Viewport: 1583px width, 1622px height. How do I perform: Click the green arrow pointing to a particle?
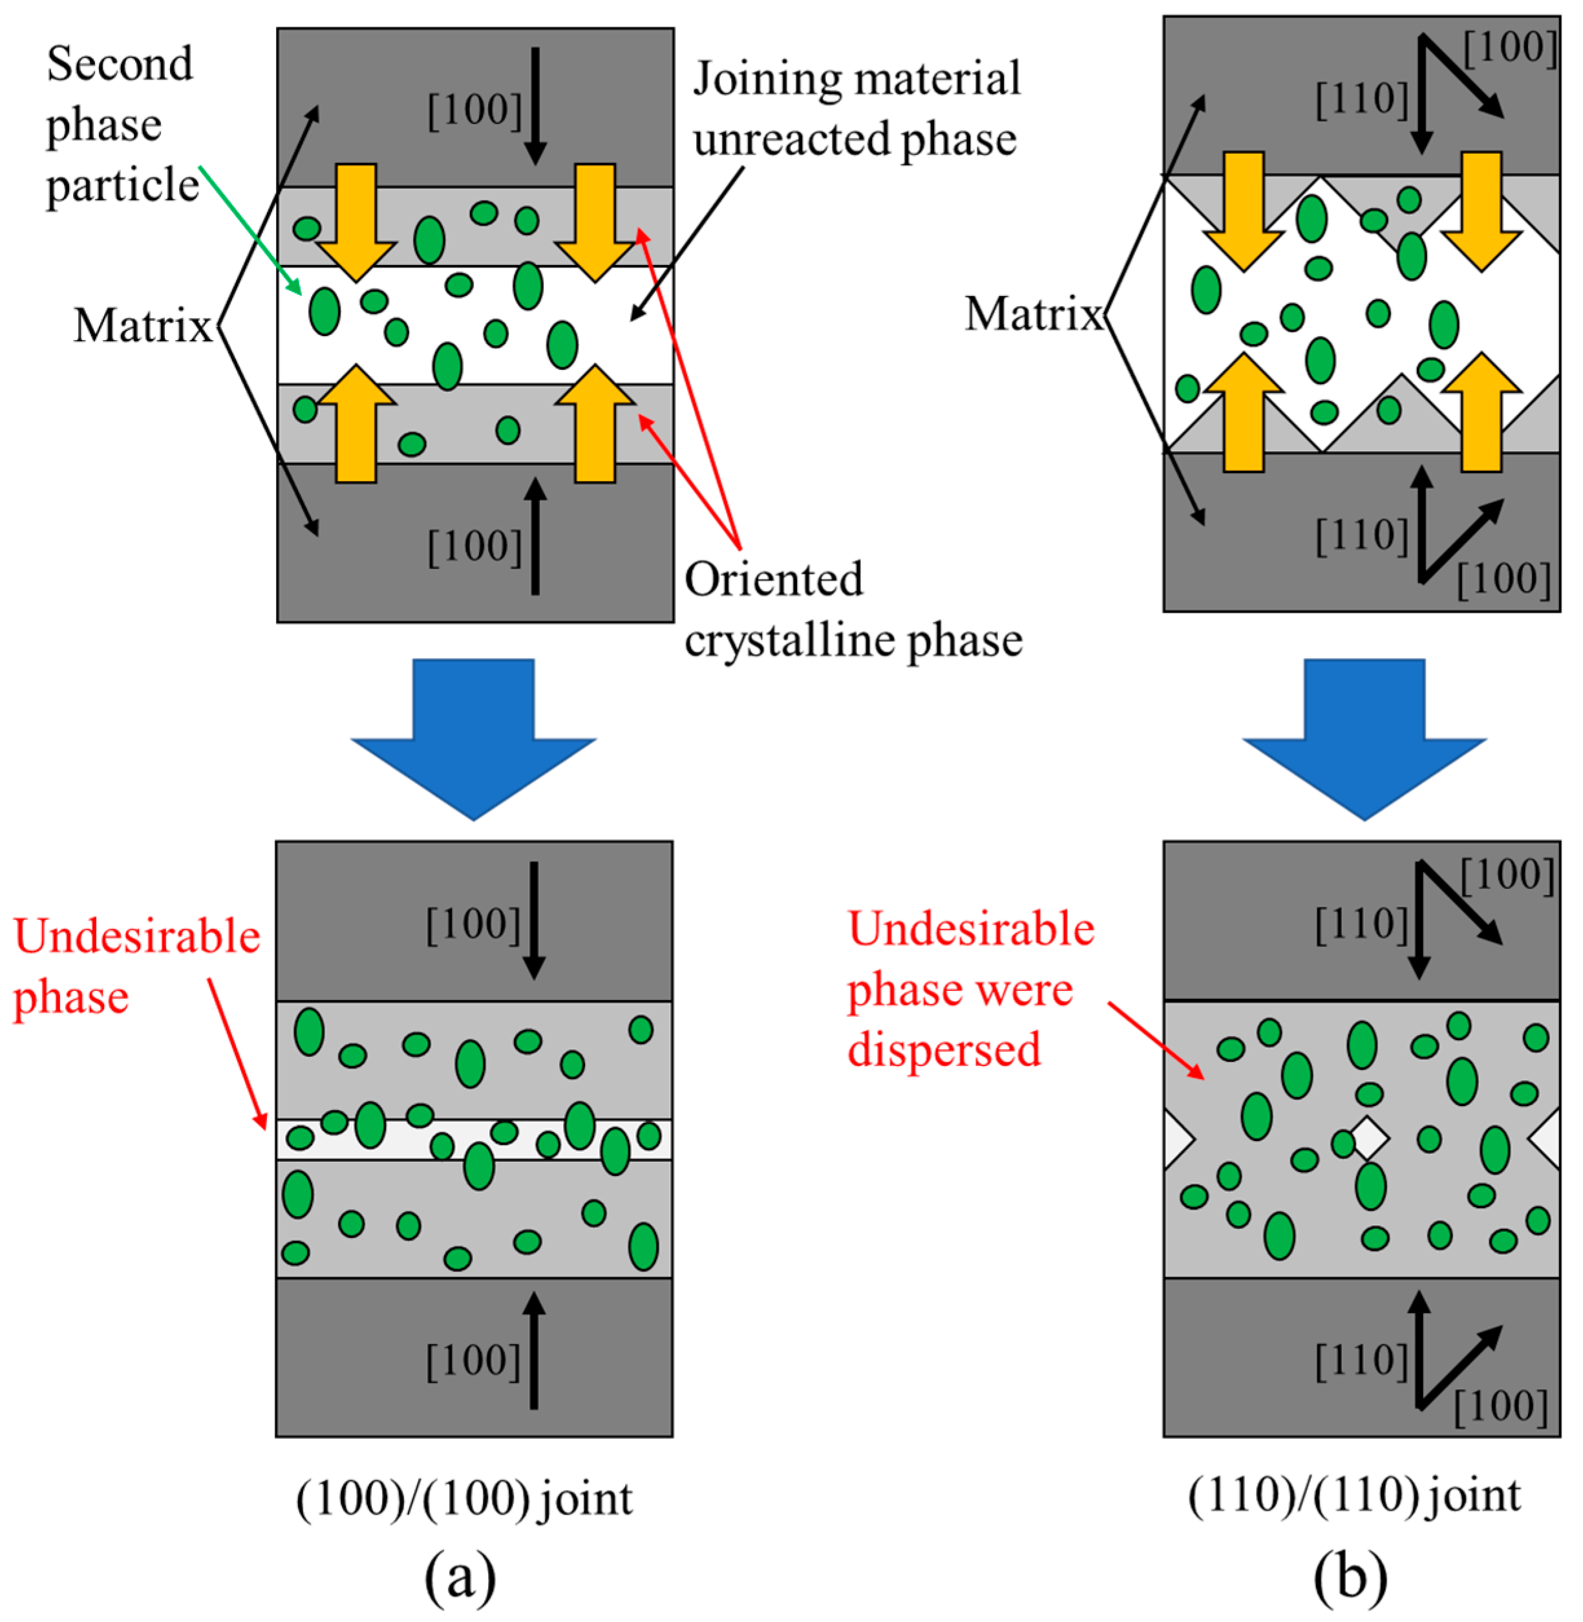250,229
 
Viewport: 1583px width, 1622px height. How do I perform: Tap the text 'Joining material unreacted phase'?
856,108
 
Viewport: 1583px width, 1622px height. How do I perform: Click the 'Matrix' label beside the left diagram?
143,326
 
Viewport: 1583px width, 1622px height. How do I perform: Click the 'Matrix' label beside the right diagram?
1034,314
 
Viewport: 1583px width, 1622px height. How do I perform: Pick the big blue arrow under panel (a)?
473,732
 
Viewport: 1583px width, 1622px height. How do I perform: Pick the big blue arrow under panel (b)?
1363,732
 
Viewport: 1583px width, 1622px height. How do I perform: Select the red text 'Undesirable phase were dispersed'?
968,989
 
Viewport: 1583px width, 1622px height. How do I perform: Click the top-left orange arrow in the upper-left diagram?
356,220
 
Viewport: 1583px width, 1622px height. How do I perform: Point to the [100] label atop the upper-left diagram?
474,110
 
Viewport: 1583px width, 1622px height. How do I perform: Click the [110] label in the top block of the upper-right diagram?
1362,100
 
